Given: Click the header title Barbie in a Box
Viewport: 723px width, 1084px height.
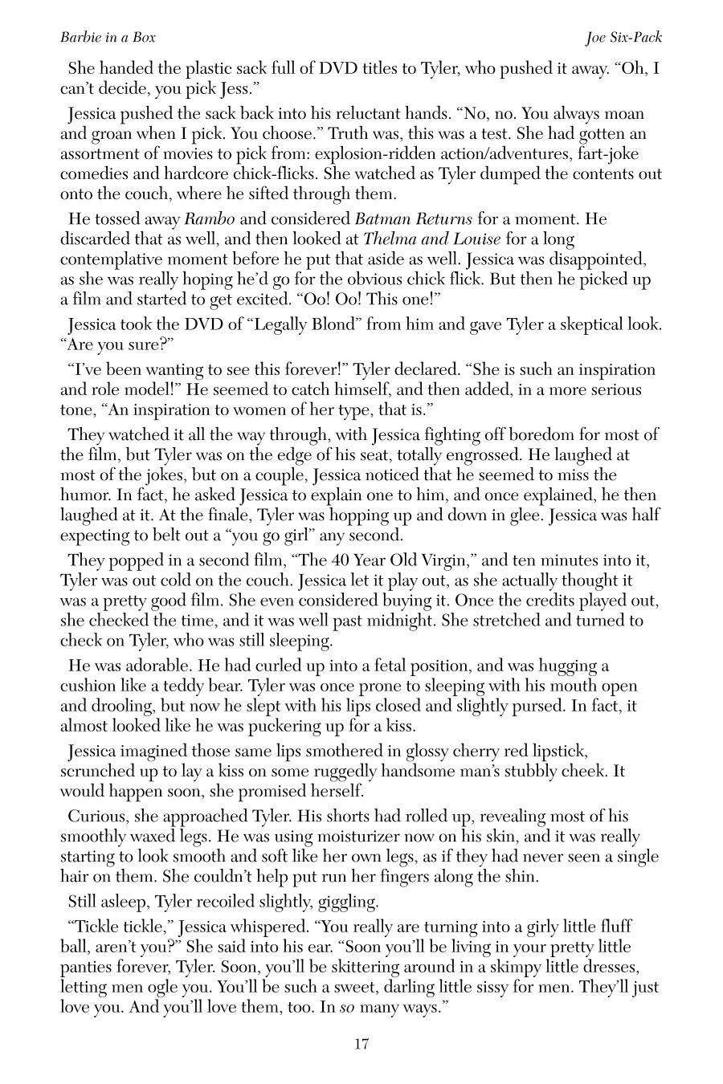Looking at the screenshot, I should [108, 38].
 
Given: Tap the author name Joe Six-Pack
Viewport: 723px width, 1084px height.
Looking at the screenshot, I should [623, 38].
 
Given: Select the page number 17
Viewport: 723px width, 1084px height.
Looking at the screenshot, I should [361, 1045].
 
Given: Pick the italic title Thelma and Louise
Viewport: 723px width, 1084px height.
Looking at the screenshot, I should [432, 239].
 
